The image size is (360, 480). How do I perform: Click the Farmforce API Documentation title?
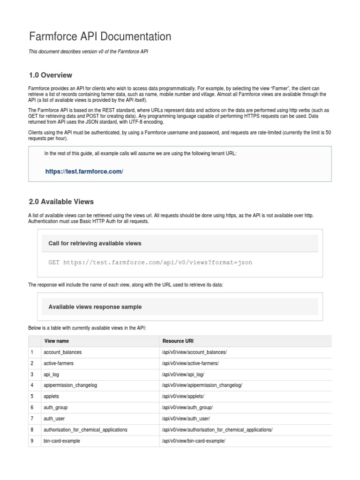point(100,37)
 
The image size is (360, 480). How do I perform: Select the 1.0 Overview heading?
point(51,75)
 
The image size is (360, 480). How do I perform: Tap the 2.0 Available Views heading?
point(61,202)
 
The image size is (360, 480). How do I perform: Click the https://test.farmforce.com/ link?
point(84,172)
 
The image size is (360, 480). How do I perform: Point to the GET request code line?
point(150,262)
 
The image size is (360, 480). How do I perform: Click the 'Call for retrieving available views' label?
point(95,243)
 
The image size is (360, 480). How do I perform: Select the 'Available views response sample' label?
point(95,307)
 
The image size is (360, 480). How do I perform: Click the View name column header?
point(57,341)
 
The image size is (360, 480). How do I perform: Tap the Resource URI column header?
point(178,341)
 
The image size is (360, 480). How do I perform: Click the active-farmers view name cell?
point(59,363)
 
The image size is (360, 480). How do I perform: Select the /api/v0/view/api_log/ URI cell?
point(183,375)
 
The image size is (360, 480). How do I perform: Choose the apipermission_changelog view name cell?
point(70,385)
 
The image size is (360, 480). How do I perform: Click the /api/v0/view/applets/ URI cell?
point(183,397)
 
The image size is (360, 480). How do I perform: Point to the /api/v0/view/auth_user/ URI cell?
point(186,419)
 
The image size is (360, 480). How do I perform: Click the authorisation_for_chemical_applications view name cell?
point(85,430)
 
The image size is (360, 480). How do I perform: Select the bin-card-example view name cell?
point(62,441)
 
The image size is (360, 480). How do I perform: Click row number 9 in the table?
point(32,441)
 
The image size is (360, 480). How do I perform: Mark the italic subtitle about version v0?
point(89,52)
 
